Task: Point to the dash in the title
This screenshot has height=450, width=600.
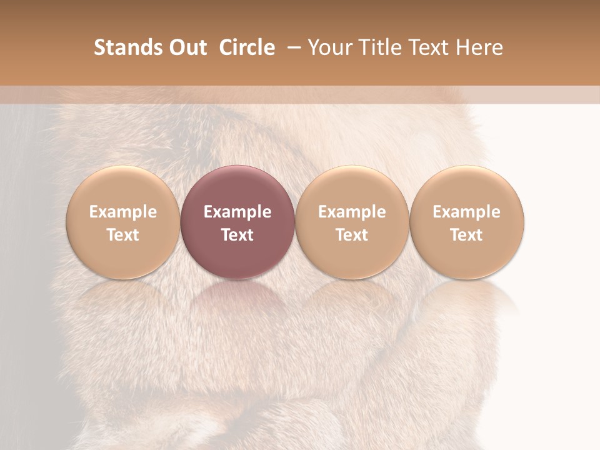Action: coord(292,47)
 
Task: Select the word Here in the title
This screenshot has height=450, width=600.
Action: coord(479,47)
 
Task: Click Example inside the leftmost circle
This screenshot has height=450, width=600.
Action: coord(122,212)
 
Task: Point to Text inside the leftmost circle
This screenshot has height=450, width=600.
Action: coord(122,235)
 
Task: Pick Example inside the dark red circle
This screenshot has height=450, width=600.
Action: coord(237,212)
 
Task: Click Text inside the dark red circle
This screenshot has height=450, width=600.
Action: coord(237,235)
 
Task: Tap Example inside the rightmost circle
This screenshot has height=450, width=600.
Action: coord(466,212)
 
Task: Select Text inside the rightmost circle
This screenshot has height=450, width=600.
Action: coord(466,235)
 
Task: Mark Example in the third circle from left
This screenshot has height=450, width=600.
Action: coord(352,212)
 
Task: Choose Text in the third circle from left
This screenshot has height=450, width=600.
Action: coord(352,235)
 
